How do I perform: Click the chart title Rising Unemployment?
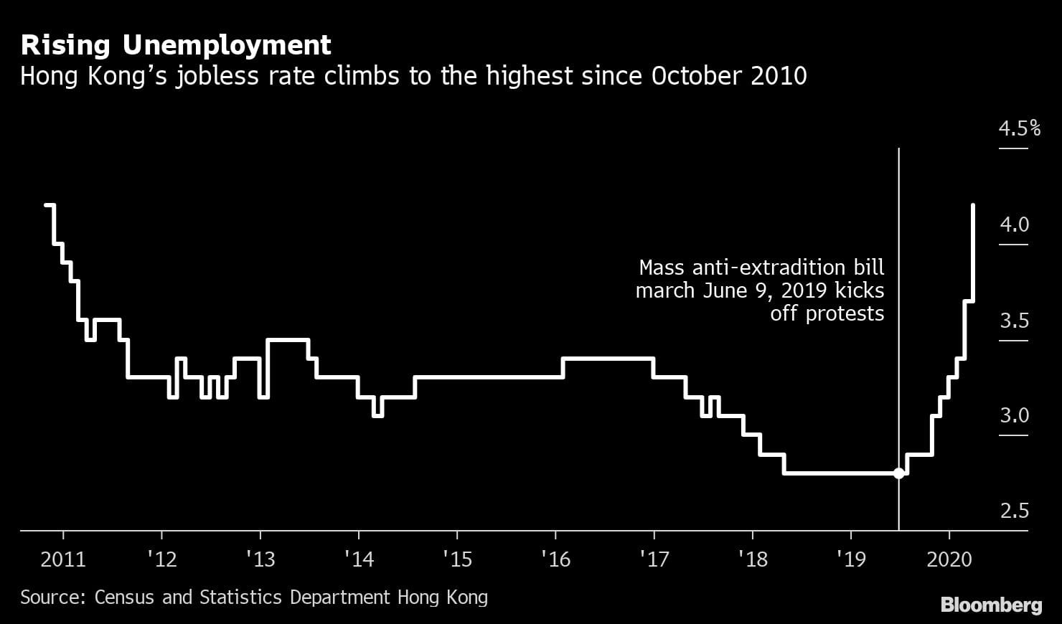pyautogui.click(x=176, y=46)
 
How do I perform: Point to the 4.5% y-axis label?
pyautogui.click(x=1019, y=128)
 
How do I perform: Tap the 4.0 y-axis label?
pyautogui.click(x=1014, y=224)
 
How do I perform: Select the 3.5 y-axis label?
pyautogui.click(x=1014, y=320)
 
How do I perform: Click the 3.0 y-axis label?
pyautogui.click(x=1014, y=415)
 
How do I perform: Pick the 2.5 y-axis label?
pyautogui.click(x=1014, y=511)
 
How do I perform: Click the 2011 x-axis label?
pyautogui.click(x=63, y=559)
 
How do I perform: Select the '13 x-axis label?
pyautogui.click(x=261, y=559)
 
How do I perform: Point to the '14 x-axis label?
pyautogui.click(x=360, y=559)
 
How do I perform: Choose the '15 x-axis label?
pyautogui.click(x=458, y=559)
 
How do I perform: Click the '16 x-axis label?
pyautogui.click(x=556, y=559)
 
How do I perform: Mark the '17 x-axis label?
pyautogui.click(x=654, y=559)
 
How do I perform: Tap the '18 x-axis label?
pyautogui.click(x=753, y=559)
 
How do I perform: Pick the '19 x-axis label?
pyautogui.click(x=852, y=559)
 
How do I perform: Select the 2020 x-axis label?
pyautogui.click(x=949, y=559)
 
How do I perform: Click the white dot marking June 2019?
pyautogui.click(x=898, y=473)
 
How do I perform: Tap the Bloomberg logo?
pyautogui.click(x=991, y=605)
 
